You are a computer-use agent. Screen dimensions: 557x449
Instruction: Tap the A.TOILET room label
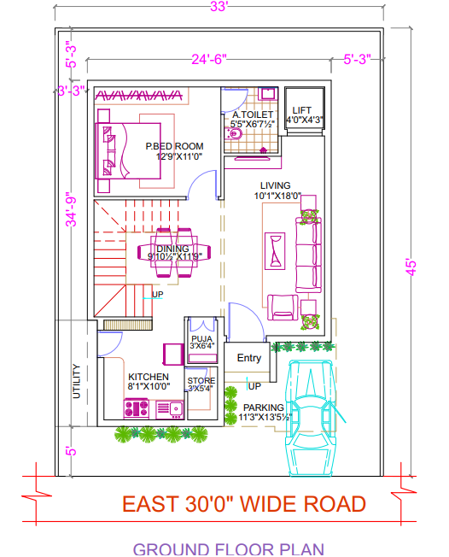coord(253,114)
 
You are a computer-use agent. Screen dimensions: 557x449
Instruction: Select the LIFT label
coord(302,110)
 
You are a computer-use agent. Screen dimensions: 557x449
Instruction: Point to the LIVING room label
coord(277,185)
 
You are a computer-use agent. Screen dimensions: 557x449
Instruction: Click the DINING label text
coord(172,249)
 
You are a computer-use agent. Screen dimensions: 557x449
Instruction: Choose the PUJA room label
coord(202,338)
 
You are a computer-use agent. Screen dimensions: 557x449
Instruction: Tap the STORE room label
coord(201,381)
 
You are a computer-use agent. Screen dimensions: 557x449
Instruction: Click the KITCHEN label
coord(149,377)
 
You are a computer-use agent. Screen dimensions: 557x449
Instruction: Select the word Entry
coord(249,358)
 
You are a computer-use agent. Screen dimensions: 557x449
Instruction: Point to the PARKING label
coord(264,407)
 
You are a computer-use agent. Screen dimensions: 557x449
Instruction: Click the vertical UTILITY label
coord(76,381)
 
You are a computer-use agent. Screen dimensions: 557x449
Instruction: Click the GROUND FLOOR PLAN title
coord(228,548)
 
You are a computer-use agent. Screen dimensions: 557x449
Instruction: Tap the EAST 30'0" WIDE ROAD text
coord(243,504)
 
